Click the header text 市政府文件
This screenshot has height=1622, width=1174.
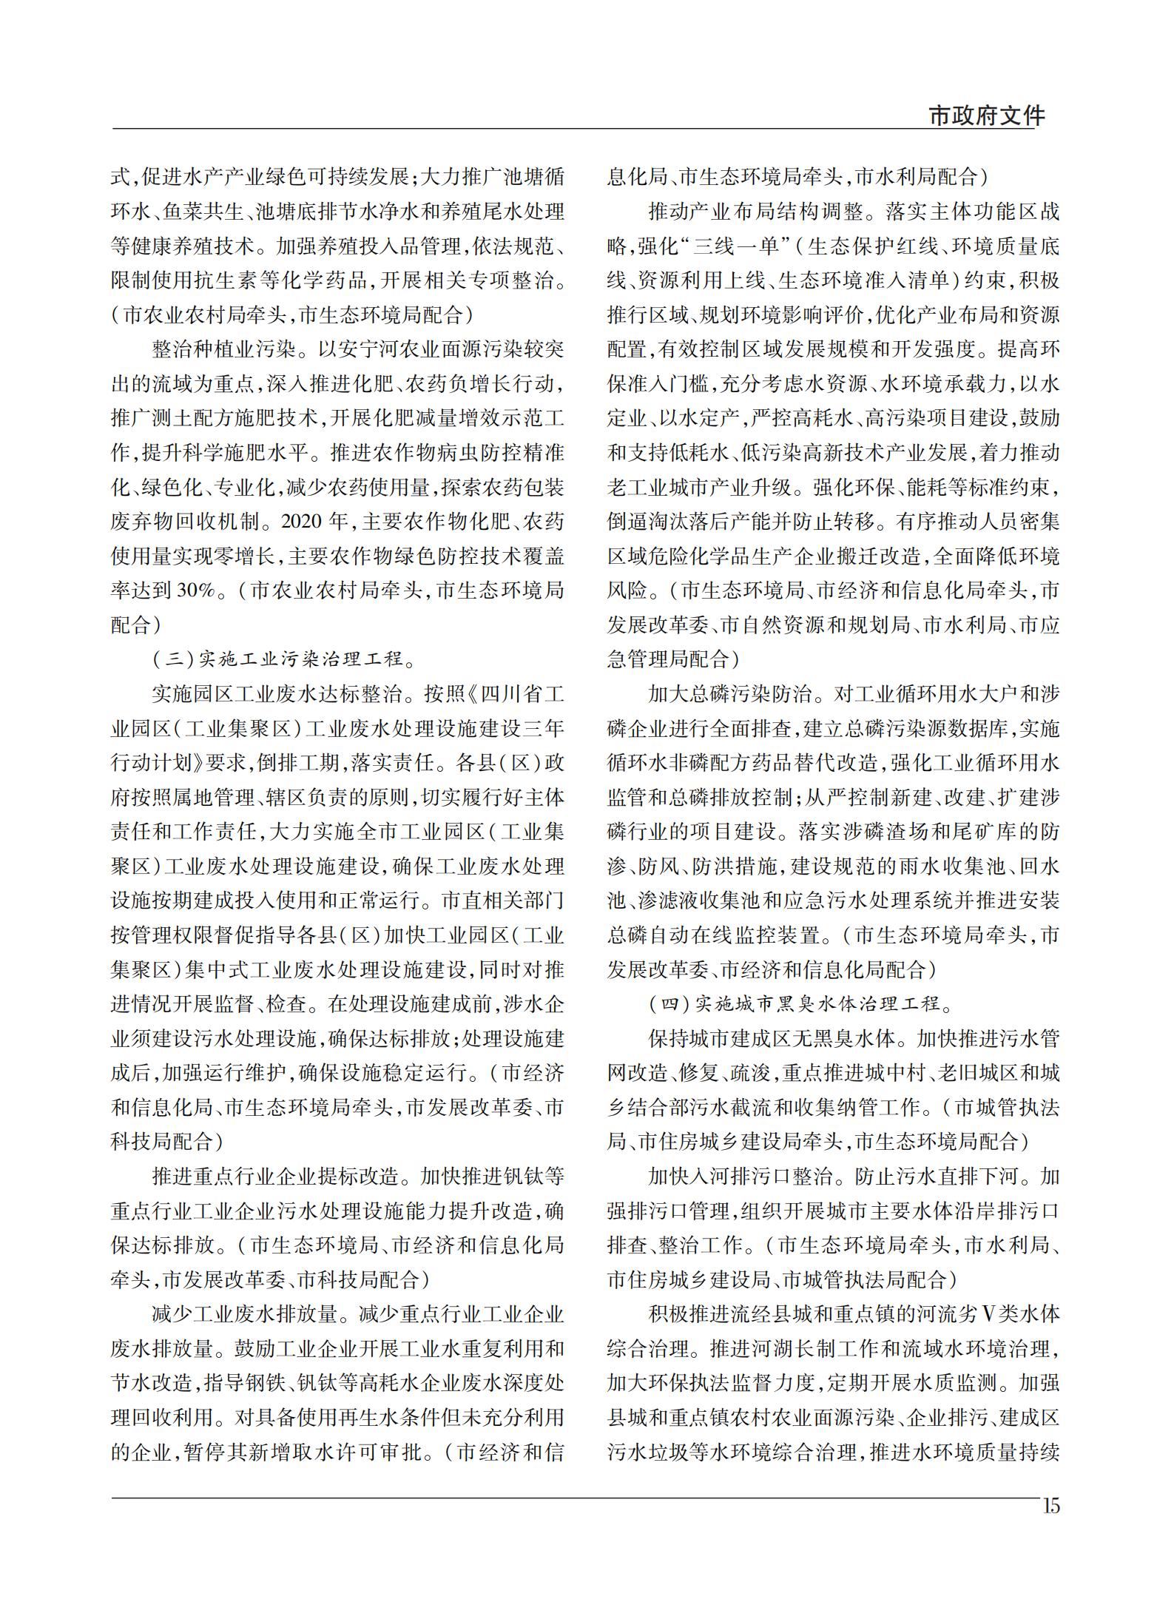pos(986,115)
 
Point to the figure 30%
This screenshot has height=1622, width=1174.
pos(196,590)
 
